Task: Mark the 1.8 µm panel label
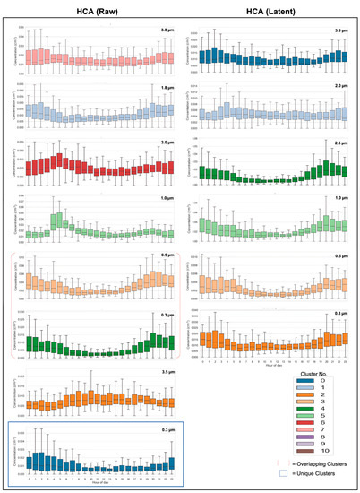pyautogui.click(x=166, y=87)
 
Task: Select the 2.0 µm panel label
pyautogui.click(x=341, y=87)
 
